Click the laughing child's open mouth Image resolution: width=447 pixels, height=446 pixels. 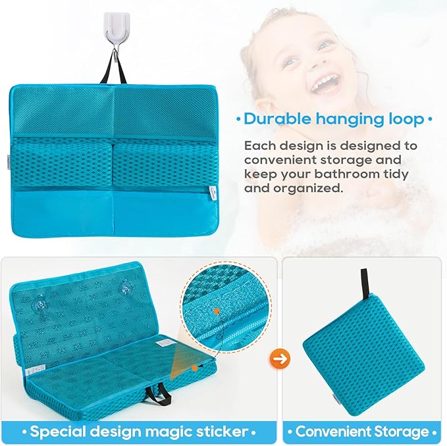[327, 83]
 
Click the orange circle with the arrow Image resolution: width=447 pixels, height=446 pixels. [278, 359]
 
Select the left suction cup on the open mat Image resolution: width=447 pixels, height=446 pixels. [41, 304]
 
